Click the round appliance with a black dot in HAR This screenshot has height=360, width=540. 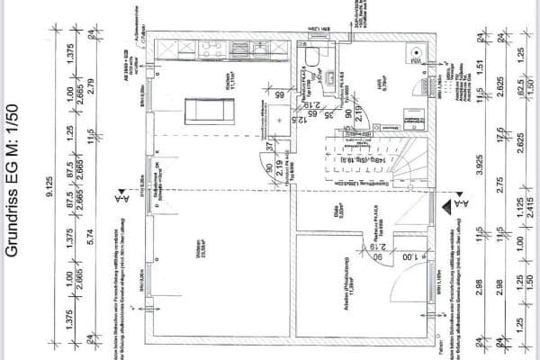point(415,53)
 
